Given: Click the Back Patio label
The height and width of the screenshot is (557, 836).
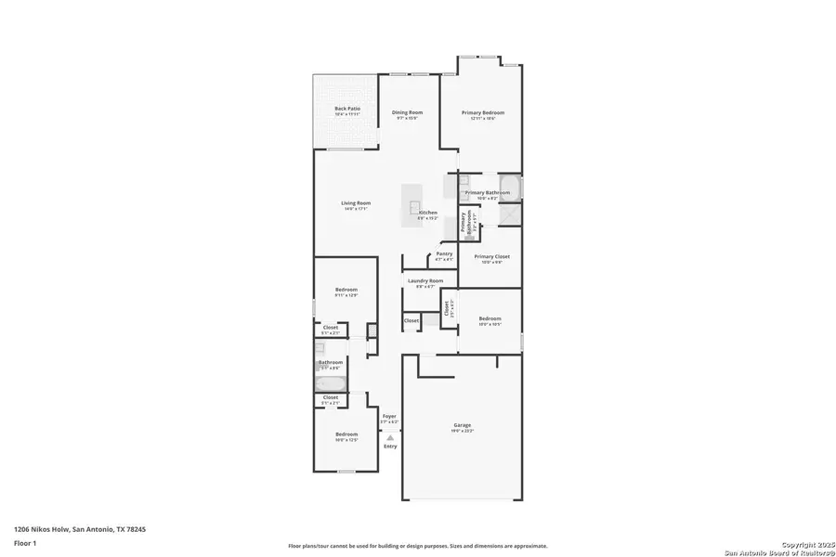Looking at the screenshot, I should click(x=347, y=109).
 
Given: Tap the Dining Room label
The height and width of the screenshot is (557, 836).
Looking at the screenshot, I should click(x=407, y=112).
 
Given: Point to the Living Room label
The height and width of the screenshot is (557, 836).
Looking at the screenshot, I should click(x=356, y=203).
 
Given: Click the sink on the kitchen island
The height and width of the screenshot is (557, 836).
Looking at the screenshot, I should click(x=415, y=207).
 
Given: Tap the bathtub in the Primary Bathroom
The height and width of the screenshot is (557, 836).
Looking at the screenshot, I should click(x=511, y=187).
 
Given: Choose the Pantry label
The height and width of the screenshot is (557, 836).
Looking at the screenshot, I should click(x=444, y=253).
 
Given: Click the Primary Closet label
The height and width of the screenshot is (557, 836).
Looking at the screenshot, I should click(x=491, y=256).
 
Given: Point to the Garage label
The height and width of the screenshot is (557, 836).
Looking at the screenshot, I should click(x=463, y=425).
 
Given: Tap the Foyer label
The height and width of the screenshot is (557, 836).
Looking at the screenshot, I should click(x=390, y=416).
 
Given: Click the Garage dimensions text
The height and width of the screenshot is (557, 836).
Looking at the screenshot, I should click(x=463, y=431).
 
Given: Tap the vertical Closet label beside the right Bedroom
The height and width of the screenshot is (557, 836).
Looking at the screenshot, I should click(x=447, y=307).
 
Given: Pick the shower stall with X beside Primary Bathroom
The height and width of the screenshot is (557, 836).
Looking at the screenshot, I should click(x=511, y=214).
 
